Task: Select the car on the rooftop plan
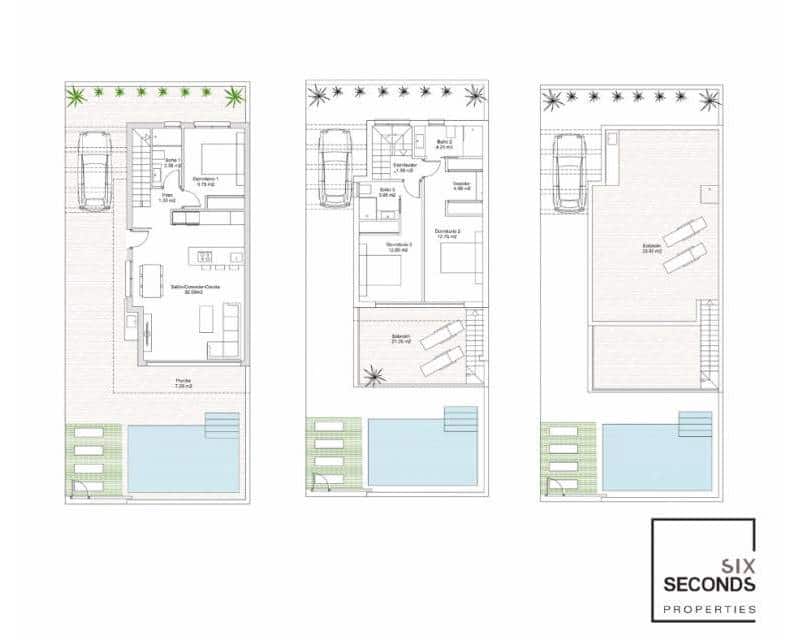click(x=569, y=171)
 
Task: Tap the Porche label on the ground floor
click(x=184, y=382)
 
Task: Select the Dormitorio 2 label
click(x=447, y=233)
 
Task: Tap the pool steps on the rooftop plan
click(x=695, y=424)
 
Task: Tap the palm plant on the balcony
click(x=374, y=376)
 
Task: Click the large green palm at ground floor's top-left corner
click(x=75, y=96)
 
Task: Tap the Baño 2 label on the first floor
click(x=444, y=143)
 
